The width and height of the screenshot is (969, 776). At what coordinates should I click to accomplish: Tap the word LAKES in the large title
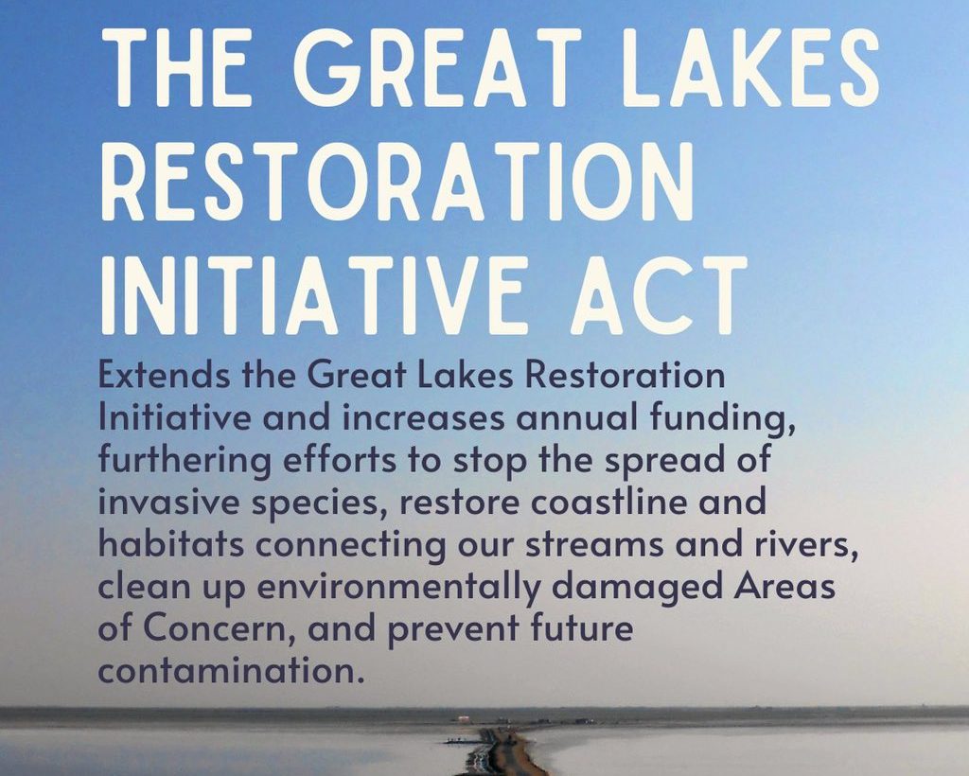[750, 68]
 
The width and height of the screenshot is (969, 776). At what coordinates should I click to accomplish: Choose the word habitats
[171, 545]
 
